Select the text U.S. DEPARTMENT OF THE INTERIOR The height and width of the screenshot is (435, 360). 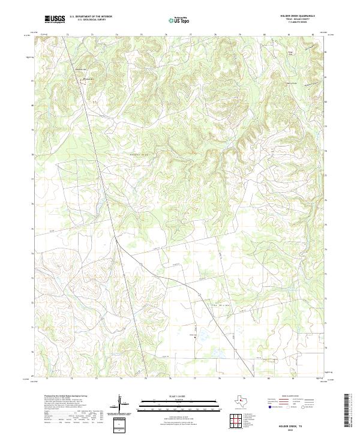[x=91, y=17]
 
